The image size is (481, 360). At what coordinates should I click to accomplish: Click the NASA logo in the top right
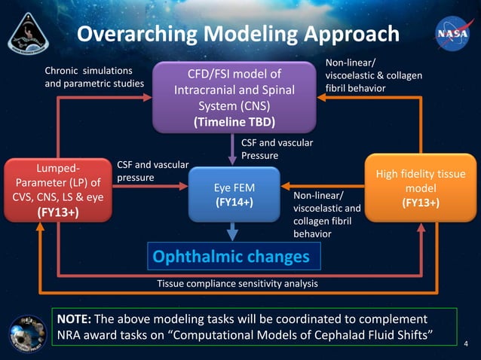pyautogui.click(x=449, y=35)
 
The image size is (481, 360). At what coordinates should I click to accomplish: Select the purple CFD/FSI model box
pyautogui.click(x=234, y=97)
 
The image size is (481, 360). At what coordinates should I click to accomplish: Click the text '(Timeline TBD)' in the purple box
pyautogui.click(x=234, y=122)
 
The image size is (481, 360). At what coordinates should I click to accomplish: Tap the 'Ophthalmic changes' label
pyautogui.click(x=231, y=257)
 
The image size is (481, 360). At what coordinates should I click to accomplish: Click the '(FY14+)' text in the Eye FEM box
pyautogui.click(x=234, y=203)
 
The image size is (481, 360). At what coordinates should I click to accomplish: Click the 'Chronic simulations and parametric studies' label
pyautogui.click(x=93, y=76)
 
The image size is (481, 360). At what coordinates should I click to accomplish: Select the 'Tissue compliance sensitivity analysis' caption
pyautogui.click(x=237, y=284)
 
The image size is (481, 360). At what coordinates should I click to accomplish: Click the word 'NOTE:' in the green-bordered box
pyautogui.click(x=75, y=319)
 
